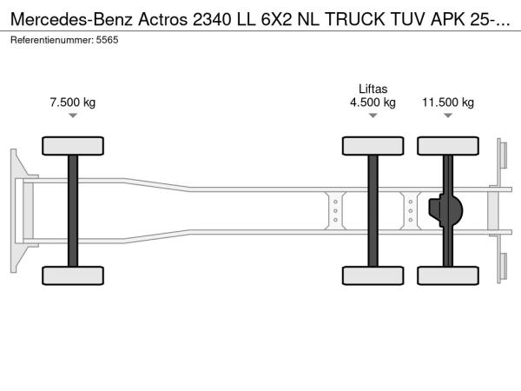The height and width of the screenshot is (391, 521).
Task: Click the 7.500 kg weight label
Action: pyautogui.click(x=73, y=102)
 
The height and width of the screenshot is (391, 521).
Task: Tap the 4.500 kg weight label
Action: pyautogui.click(x=373, y=102)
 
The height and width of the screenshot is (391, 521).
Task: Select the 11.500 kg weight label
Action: pyautogui.click(x=448, y=102)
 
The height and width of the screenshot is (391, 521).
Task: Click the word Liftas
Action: pyautogui.click(x=373, y=89)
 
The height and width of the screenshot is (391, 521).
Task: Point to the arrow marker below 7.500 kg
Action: pyautogui.click(x=73, y=116)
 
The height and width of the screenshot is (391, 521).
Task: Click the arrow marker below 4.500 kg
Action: pyautogui.click(x=373, y=116)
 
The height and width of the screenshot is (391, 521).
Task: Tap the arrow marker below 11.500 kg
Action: pyautogui.click(x=448, y=116)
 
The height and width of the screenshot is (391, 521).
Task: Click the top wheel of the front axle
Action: pyautogui.click(x=73, y=146)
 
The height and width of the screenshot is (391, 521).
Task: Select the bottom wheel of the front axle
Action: pyautogui.click(x=73, y=275)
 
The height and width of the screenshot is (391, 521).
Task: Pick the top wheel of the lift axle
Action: pyautogui.click(x=373, y=146)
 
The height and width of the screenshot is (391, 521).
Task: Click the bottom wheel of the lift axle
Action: pyautogui.click(x=373, y=275)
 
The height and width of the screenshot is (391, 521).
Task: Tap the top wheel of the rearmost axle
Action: pyautogui.click(x=448, y=146)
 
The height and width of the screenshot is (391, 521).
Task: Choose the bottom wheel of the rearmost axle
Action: pyautogui.click(x=448, y=275)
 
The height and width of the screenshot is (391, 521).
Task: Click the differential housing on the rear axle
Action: pyautogui.click(x=445, y=211)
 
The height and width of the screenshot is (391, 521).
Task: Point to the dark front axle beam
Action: pyautogui.click(x=73, y=211)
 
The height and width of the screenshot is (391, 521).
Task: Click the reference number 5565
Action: pyautogui.click(x=108, y=40)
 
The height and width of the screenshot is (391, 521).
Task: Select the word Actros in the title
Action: pyautogui.click(x=163, y=20)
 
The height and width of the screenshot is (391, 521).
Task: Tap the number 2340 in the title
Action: pyautogui.click(x=212, y=20)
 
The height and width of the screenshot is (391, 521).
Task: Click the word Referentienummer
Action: pyautogui.click(x=52, y=40)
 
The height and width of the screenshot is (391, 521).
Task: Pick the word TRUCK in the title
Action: pyautogui.click(x=355, y=20)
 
